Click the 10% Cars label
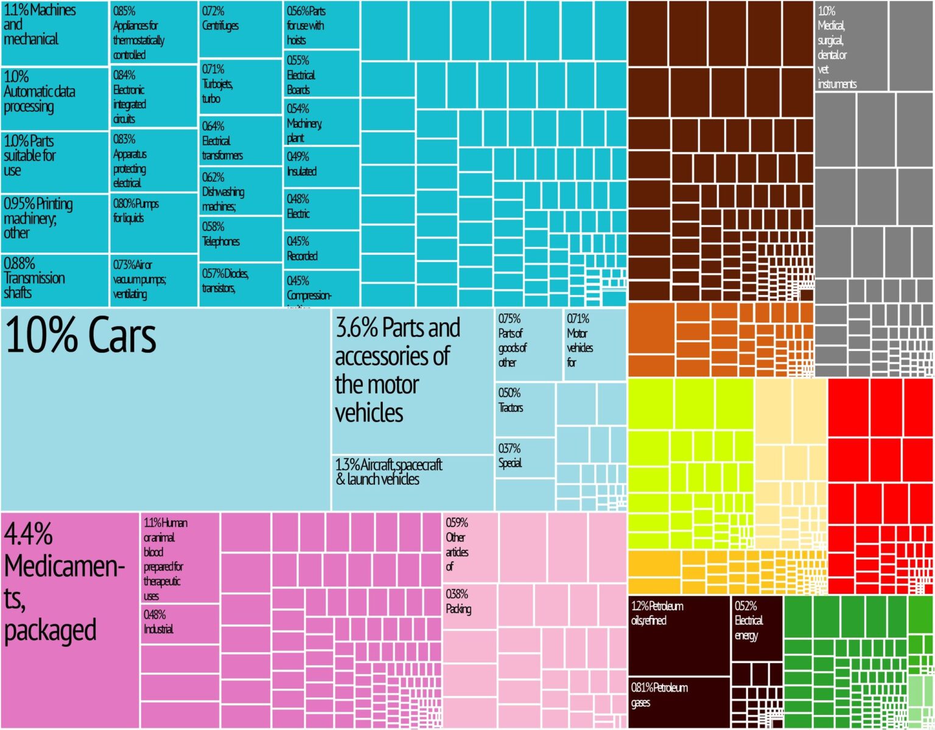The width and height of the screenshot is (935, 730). point(81,336)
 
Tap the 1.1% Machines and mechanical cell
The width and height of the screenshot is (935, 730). point(54,33)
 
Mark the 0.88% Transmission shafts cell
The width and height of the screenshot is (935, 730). point(54,280)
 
